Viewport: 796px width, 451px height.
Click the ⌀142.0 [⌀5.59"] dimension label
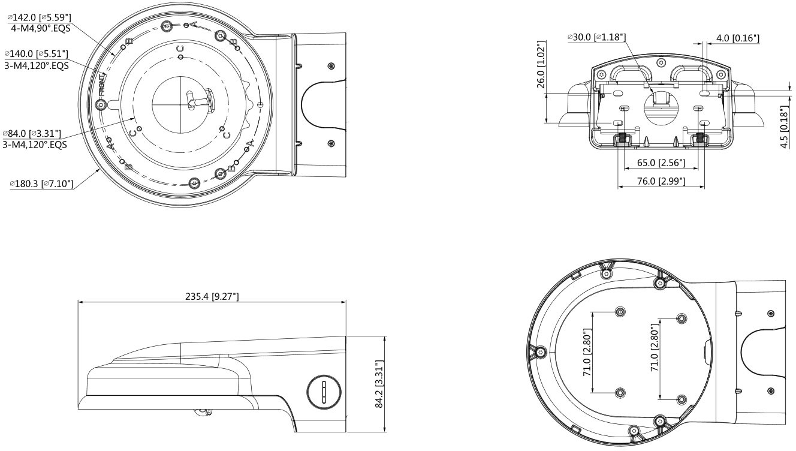[40, 17]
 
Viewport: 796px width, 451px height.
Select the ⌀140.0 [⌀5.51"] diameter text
[36, 54]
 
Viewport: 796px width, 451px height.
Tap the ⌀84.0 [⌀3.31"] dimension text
[32, 134]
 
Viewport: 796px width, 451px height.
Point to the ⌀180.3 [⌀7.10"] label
[41, 184]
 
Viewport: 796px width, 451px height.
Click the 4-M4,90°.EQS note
[41, 28]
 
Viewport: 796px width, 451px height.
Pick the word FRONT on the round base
[102, 85]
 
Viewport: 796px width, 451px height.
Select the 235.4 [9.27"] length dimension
[212, 296]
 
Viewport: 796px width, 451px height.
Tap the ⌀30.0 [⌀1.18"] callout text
[597, 37]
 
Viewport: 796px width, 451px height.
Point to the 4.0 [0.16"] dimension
[738, 38]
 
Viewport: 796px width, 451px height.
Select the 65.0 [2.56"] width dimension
[661, 163]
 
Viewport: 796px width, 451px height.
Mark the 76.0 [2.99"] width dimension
[661, 181]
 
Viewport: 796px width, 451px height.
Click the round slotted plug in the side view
[324, 392]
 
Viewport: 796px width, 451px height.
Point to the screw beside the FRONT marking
[101, 104]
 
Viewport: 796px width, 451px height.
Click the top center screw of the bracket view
[661, 62]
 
